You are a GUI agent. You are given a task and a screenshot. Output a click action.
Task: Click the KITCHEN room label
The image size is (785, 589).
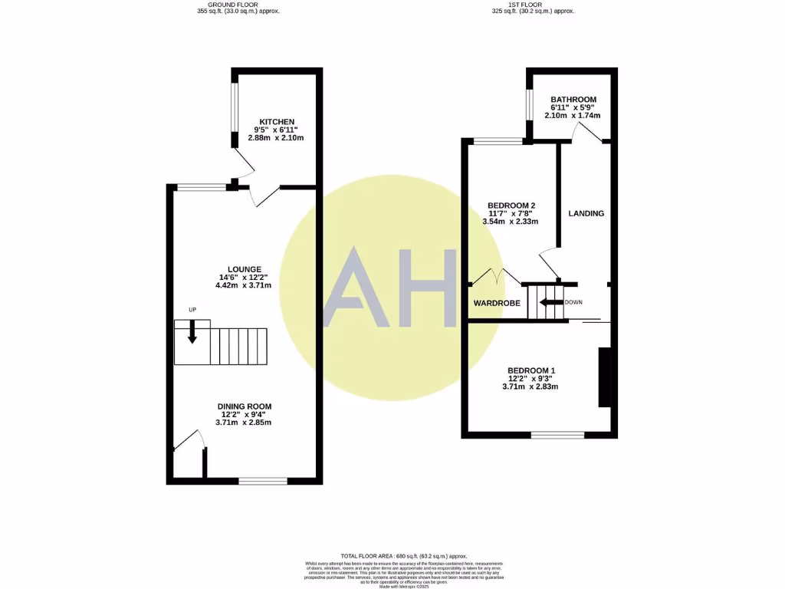coord(277,122)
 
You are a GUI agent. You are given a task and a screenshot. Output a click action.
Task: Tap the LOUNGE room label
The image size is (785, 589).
coord(244,268)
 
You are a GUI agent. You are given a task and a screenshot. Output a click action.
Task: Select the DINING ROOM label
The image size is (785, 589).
coord(244,406)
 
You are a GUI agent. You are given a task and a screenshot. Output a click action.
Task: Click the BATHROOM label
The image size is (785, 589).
coord(573,100)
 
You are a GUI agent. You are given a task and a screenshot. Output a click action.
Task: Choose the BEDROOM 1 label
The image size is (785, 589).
coord(531,370)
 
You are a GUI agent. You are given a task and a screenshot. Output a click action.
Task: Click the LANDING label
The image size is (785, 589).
coord(586,213)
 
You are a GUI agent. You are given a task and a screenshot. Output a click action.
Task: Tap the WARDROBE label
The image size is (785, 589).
coord(496,304)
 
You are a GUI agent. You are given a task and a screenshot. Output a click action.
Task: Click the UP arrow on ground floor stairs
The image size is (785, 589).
coord(192,330)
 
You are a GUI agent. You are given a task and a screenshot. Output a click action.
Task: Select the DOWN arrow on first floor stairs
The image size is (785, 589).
coord(550,302)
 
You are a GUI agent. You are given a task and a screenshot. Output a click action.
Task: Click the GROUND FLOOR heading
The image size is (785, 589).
coord(238,4)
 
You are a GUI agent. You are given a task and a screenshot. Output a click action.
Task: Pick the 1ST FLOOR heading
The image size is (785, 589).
coord(533,4)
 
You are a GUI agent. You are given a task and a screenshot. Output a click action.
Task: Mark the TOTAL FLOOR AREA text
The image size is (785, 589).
coord(403,556)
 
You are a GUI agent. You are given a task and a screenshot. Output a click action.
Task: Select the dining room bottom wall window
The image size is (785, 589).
coord(263,481)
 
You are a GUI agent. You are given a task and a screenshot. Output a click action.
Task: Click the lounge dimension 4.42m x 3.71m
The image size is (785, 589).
coord(244,285)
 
